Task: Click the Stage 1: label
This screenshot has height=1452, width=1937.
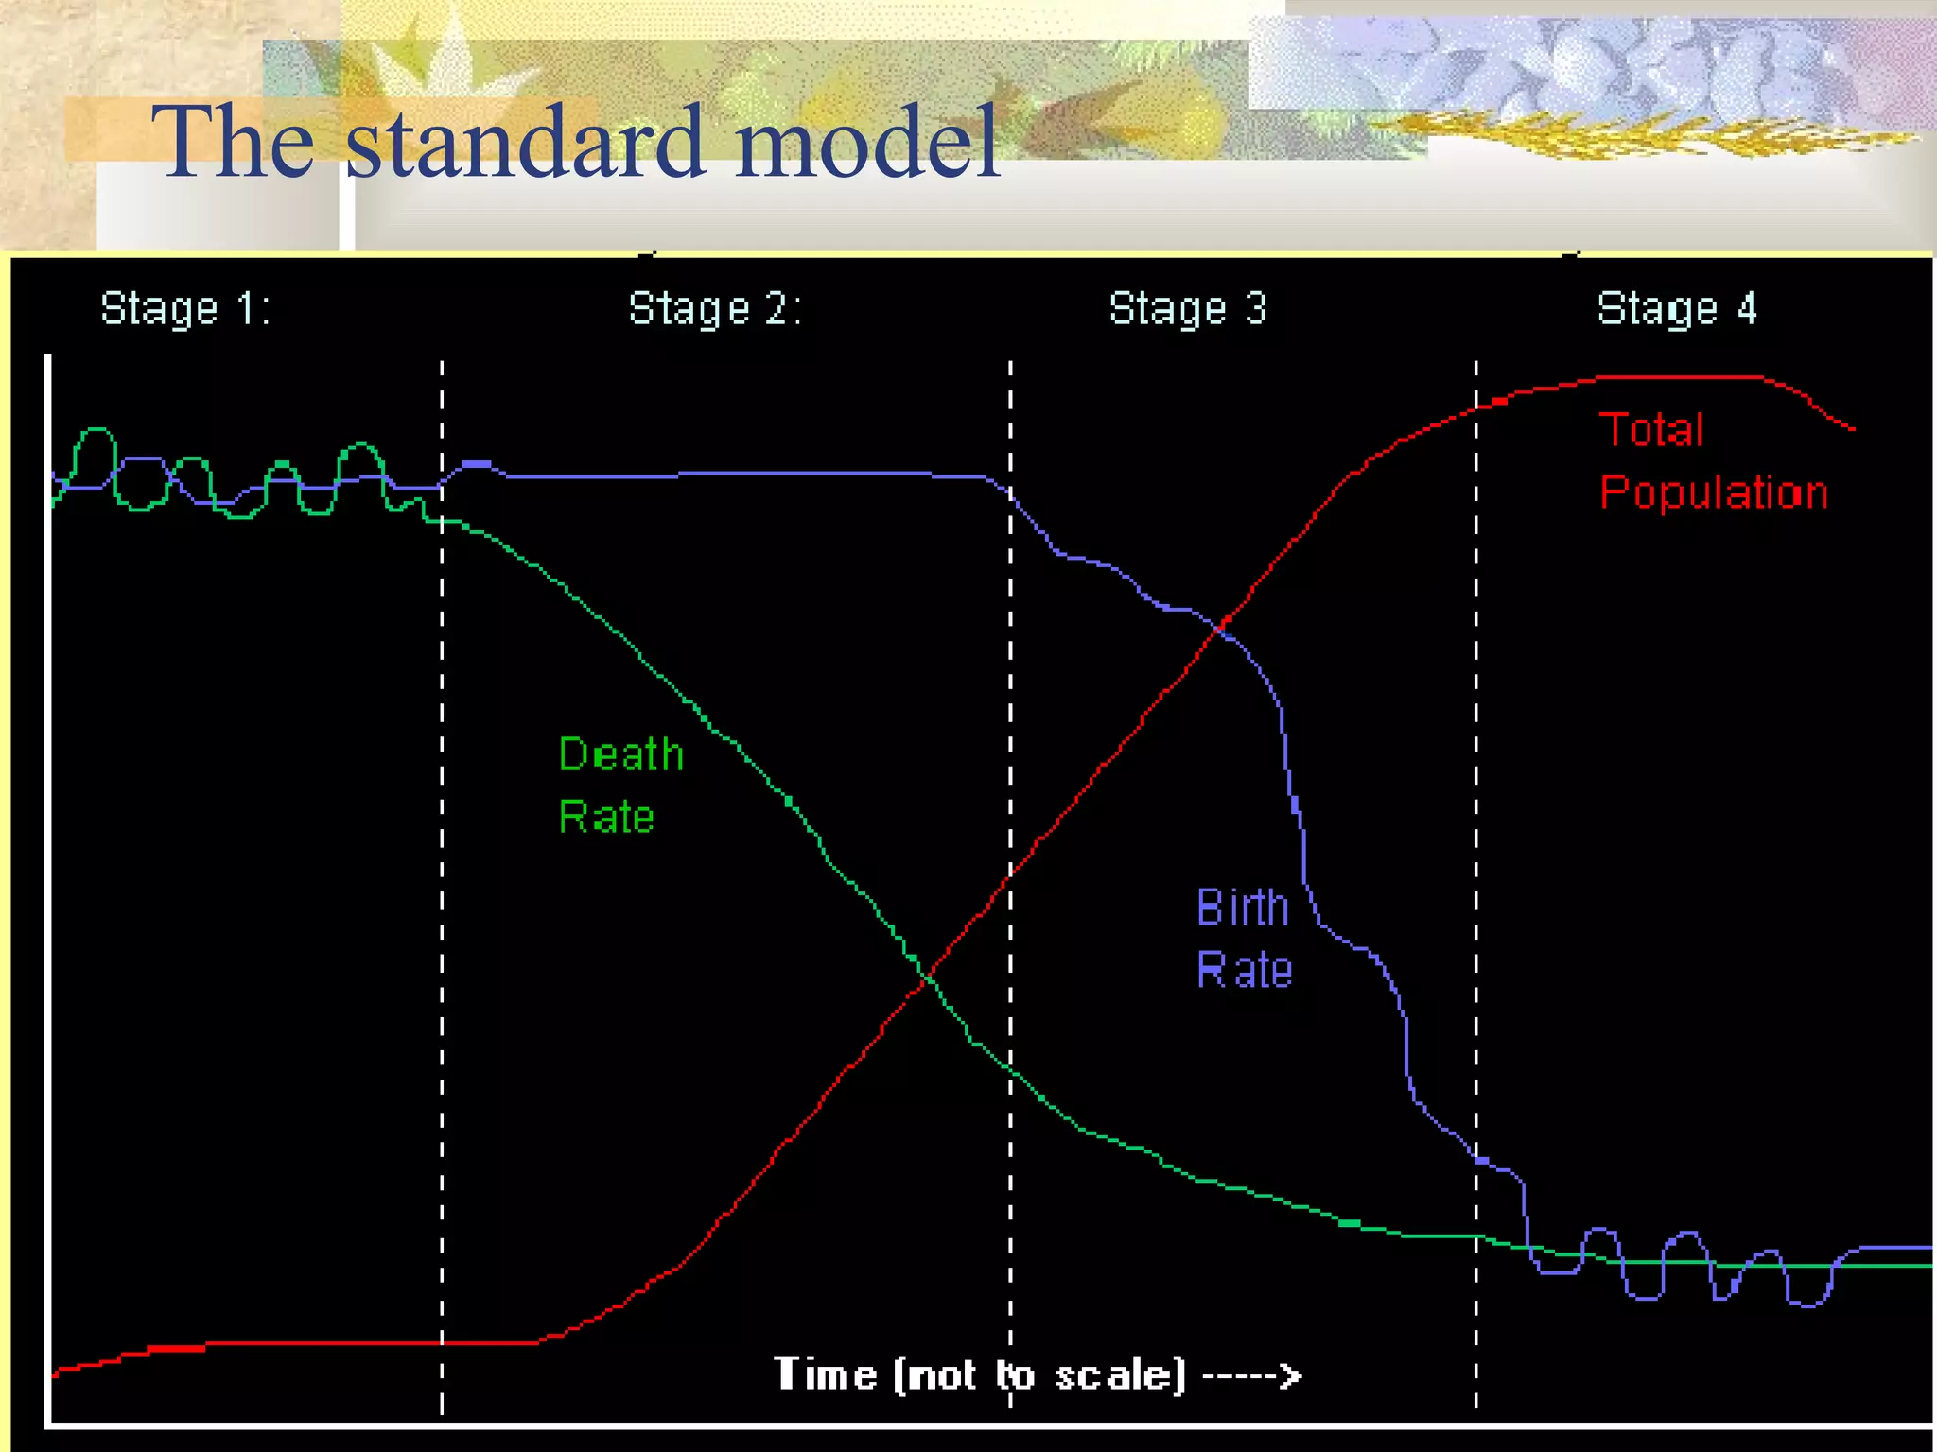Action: (x=185, y=309)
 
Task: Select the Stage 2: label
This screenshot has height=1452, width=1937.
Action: (x=715, y=309)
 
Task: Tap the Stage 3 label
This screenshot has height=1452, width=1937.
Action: (x=1187, y=309)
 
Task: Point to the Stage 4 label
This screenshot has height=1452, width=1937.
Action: (x=1676, y=309)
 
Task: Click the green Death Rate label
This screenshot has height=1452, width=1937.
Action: (x=619, y=786)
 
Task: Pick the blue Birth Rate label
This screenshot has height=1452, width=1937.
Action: (x=1243, y=938)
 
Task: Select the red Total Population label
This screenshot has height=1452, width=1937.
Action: (x=1712, y=461)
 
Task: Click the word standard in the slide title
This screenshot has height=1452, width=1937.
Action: (x=525, y=142)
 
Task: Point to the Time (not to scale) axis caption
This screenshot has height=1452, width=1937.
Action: (x=979, y=1374)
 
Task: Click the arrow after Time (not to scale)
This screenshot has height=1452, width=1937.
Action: (x=1252, y=1375)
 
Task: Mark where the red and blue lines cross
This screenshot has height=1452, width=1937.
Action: (x=1223, y=624)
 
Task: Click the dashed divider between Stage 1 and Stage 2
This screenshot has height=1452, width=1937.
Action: (x=442, y=851)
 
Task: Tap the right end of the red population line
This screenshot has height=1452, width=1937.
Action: (x=1851, y=428)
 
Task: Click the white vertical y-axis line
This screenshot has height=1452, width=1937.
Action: (x=47, y=851)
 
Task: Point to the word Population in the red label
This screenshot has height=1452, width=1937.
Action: (x=1713, y=493)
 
